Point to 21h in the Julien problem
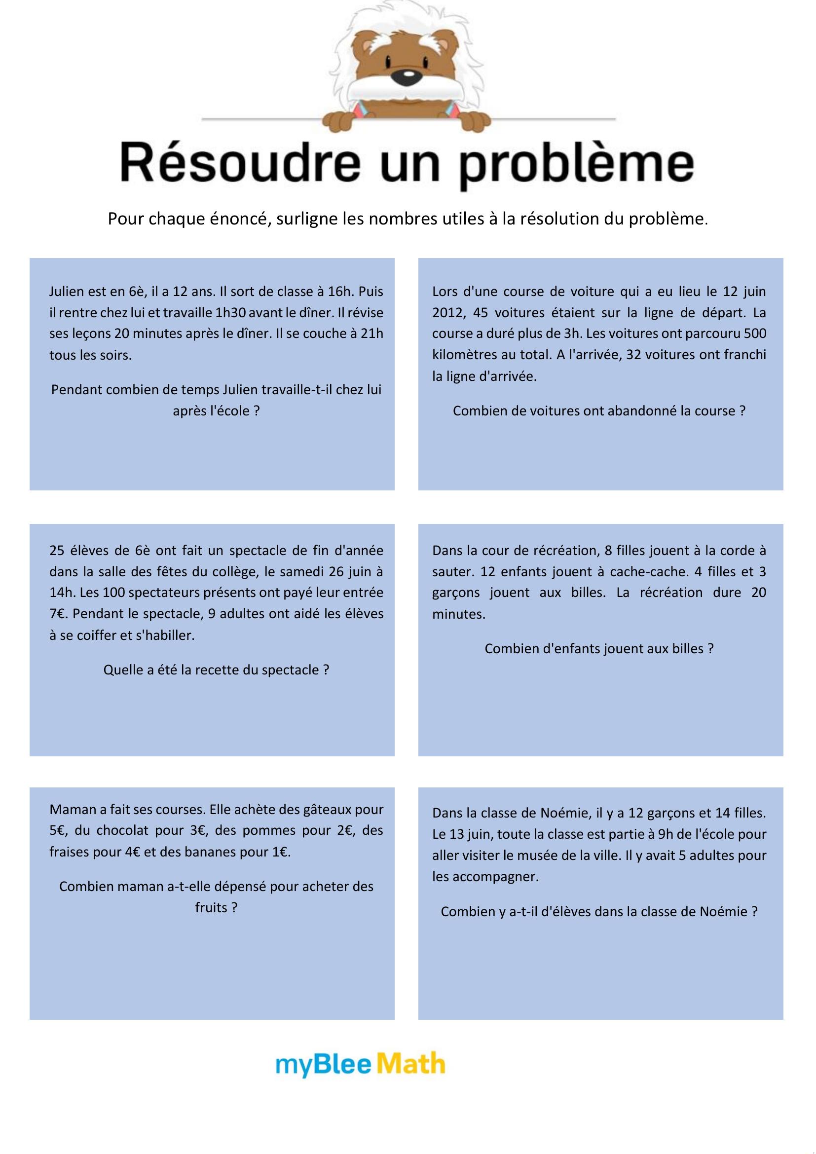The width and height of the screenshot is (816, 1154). click(x=372, y=334)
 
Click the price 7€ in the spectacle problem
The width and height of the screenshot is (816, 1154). click(x=58, y=614)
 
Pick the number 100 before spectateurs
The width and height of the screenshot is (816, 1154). click(x=113, y=593)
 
